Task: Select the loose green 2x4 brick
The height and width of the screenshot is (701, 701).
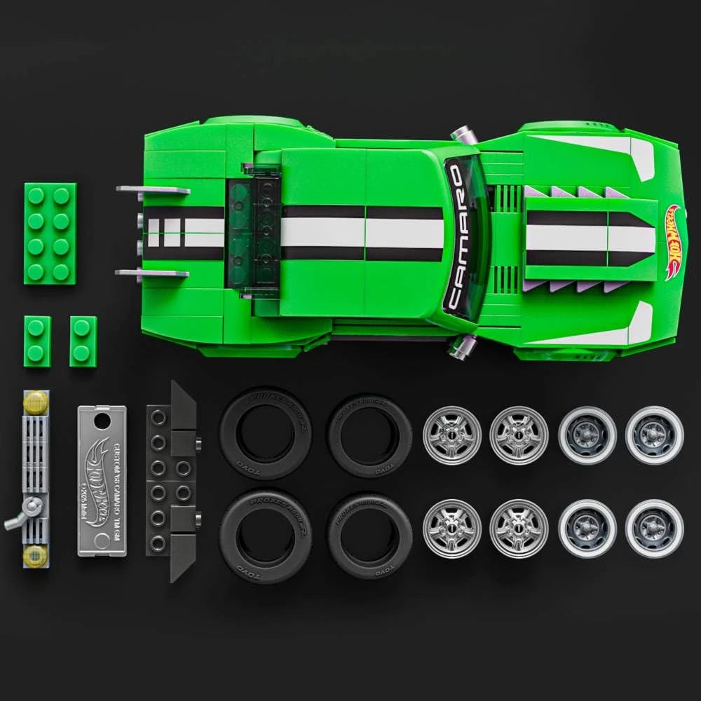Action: pos(50,233)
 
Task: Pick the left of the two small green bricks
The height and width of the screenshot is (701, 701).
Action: pos(37,341)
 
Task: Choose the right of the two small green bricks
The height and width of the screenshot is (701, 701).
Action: pos(83,341)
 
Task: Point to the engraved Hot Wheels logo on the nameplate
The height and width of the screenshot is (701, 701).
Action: pos(98,484)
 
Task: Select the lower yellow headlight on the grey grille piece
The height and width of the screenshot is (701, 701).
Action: pos(35,556)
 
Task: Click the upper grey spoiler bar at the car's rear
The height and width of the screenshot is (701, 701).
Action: pos(153,190)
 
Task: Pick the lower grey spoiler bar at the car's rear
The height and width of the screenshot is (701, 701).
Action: pos(153,273)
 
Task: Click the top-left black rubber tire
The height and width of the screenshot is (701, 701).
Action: pos(266,433)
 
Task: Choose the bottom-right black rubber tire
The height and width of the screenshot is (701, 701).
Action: pos(369,536)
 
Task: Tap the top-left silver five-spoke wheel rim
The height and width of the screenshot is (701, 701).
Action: pos(452,435)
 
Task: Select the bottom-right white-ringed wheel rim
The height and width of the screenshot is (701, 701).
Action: pos(654,528)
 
